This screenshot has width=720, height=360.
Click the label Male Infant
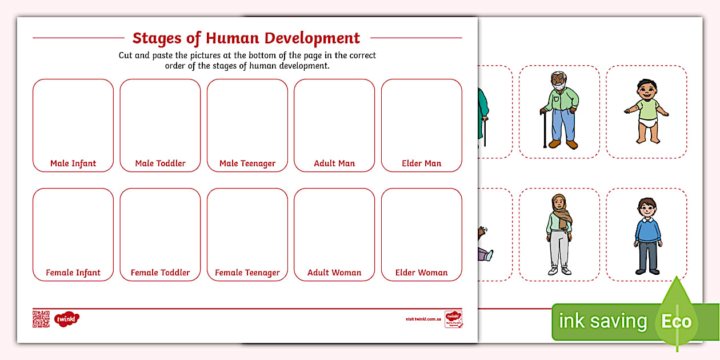point(73,163)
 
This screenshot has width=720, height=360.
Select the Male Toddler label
point(160,163)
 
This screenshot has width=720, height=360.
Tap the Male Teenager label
point(247,163)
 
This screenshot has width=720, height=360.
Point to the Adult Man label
point(334,163)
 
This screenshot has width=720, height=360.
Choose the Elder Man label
point(421,163)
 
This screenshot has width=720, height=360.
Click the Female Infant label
point(73,273)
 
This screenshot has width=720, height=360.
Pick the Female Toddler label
point(160,273)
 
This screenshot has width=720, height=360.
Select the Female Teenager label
point(247,273)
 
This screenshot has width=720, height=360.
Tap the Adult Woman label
point(334,273)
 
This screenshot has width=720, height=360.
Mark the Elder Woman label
point(421,273)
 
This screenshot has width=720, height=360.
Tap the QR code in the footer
point(41,319)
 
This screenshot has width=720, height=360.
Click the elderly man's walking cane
point(544,129)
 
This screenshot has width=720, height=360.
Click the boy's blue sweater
point(647,229)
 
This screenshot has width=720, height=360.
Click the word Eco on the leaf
point(677,321)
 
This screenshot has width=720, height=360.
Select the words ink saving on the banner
point(602,321)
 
